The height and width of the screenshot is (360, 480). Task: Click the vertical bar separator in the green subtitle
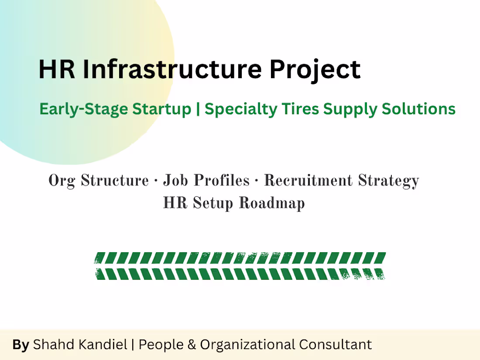198,109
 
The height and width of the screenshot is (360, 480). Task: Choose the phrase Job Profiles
206,181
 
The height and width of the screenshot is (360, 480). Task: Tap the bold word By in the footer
21,345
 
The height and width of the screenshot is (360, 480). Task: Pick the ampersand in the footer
191,345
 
